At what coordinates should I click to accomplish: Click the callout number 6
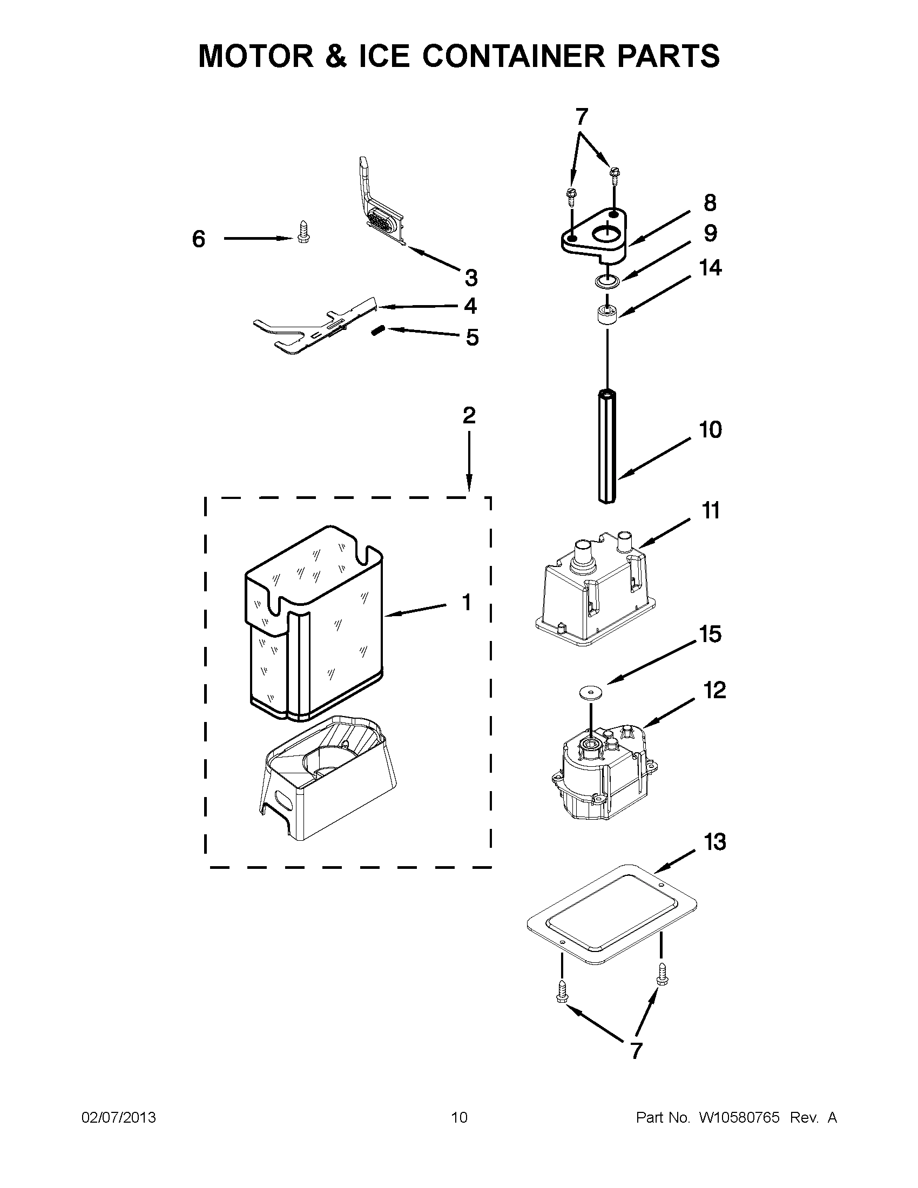pyautogui.click(x=199, y=239)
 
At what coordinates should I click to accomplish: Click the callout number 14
pyautogui.click(x=710, y=268)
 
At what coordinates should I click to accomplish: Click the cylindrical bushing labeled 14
pyautogui.click(x=607, y=316)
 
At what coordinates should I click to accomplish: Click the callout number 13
pyautogui.click(x=714, y=842)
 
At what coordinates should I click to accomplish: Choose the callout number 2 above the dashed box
pyautogui.click(x=469, y=416)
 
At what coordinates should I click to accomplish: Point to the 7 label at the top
pyautogui.click(x=582, y=117)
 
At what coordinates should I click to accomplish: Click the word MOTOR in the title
pyautogui.click(x=256, y=56)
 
